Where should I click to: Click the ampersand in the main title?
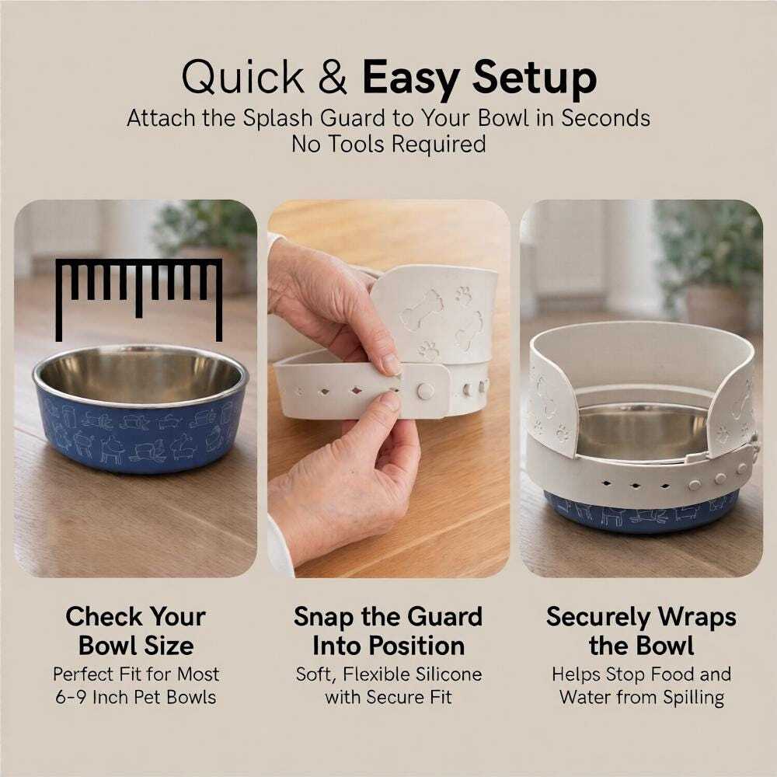point(333,77)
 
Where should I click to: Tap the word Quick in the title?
point(242,78)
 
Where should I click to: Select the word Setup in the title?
point(535,79)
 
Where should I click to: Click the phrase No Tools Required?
point(388,145)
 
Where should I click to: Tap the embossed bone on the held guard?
point(421,310)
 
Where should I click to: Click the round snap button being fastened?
point(425,391)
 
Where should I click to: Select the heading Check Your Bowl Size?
point(136,631)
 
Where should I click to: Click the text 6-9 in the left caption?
point(71,697)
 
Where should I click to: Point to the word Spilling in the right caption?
point(694,699)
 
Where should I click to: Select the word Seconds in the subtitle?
point(605,118)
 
